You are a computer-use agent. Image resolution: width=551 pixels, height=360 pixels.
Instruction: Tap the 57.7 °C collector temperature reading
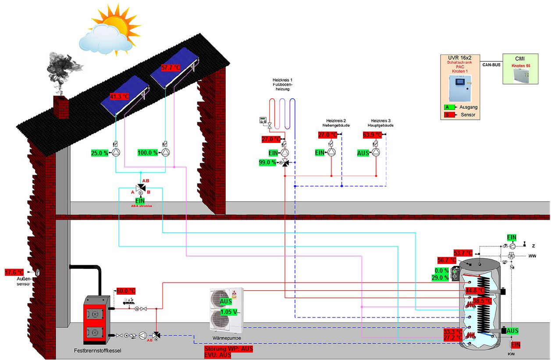point(171,68)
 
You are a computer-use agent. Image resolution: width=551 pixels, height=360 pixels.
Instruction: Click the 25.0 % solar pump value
point(99,153)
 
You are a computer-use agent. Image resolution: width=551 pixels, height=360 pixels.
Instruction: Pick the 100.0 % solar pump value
point(147,153)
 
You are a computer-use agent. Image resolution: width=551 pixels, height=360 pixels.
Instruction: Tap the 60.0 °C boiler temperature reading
point(126,291)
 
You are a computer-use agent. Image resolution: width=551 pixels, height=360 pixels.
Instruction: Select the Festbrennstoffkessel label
point(97,351)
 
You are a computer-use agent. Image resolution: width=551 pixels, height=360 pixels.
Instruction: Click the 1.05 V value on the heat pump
point(228,312)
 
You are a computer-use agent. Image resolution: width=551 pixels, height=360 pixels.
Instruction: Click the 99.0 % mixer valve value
point(267,163)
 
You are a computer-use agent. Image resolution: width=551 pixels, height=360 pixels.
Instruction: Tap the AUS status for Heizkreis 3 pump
point(363,153)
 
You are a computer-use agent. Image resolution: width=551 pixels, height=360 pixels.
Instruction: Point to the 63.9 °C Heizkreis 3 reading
point(372,135)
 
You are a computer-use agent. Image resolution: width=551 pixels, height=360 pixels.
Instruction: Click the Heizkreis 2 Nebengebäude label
point(336,123)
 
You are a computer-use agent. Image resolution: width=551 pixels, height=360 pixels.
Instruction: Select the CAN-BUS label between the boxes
point(491,65)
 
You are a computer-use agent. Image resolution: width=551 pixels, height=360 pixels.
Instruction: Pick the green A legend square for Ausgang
point(447,107)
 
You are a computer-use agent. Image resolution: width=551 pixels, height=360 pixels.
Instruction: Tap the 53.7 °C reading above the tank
point(463,253)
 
